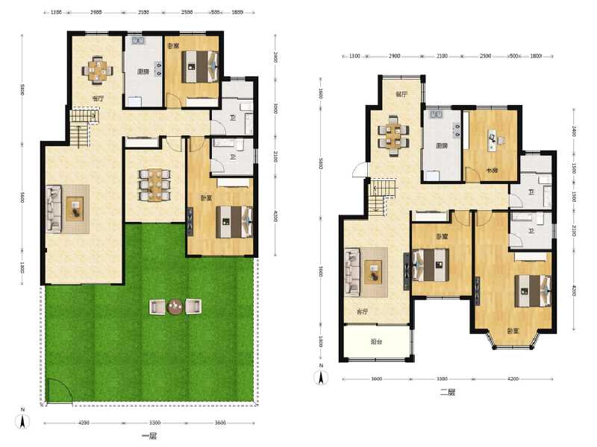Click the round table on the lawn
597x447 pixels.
coord(175,305)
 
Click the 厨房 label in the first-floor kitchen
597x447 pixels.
coord(142,72)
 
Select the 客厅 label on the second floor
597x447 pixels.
coord(363,311)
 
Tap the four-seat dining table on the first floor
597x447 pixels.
coord(98,69)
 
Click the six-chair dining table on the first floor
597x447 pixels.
coord(154,184)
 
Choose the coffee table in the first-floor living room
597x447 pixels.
coord(75,208)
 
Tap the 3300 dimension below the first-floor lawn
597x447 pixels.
coord(149,423)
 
